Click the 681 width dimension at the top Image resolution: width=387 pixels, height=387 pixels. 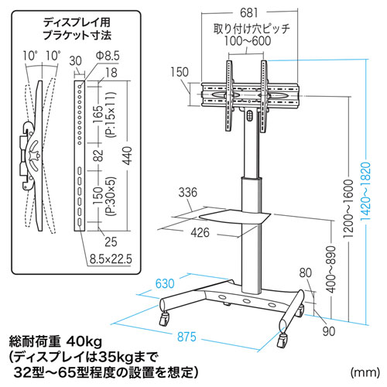coord(248,13)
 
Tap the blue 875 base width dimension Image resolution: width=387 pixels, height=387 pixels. coord(187,337)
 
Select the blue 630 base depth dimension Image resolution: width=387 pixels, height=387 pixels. coord(165,283)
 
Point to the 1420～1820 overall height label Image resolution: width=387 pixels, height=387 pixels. coord(365,191)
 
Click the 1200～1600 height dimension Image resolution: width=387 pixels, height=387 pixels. coord(348,209)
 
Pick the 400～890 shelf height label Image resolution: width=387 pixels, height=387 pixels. coord(330,269)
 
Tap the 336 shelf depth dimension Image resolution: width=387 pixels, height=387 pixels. coord(188,192)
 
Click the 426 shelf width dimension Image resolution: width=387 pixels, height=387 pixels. coord(200,233)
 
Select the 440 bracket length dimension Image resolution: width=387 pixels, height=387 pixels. coord(128,156)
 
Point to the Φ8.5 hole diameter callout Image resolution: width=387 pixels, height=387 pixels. coord(108,56)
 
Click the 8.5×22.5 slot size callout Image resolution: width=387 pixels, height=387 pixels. coord(111,259)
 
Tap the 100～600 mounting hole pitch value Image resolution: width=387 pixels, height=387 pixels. coord(248,41)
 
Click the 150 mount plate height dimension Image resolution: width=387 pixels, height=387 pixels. coord(180,72)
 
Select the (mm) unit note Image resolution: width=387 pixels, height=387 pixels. coord(365,372)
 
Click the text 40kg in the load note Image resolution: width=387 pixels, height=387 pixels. coord(84,342)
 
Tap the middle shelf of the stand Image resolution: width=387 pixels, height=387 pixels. coord(235,216)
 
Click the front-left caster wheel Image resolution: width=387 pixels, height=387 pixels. coord(164,319)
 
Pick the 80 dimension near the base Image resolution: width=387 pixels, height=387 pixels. coord(306,272)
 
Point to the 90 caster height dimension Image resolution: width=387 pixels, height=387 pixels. coord(329,331)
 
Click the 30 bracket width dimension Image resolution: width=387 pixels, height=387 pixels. coord(76,61)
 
